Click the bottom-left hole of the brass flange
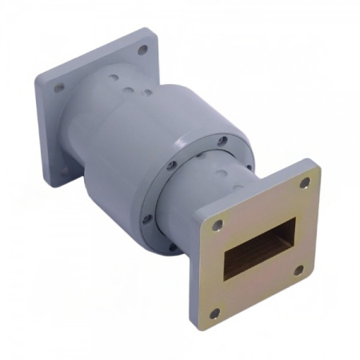coord(215,313)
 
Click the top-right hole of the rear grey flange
coord(142,50)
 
